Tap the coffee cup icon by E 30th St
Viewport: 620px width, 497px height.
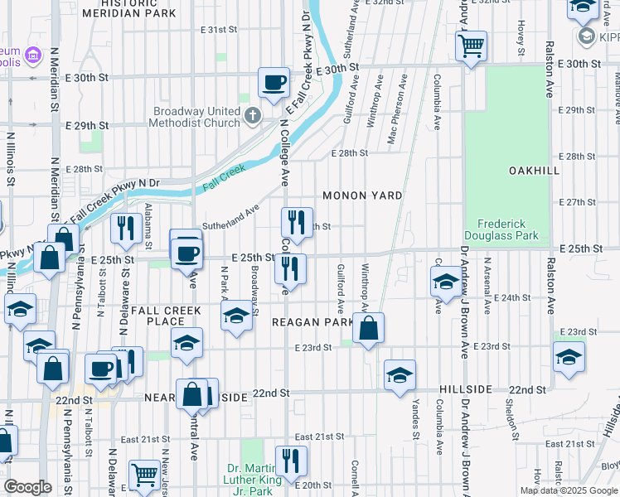click(x=274, y=83)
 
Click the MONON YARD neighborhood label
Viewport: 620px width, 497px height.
click(x=362, y=195)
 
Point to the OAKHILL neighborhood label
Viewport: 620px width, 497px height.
click(x=535, y=170)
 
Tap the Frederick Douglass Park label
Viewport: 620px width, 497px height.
click(x=508, y=229)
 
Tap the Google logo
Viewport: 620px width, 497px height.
click(x=27, y=487)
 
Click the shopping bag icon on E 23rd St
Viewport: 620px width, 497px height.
click(x=368, y=329)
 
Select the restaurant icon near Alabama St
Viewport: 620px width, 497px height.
click(x=125, y=228)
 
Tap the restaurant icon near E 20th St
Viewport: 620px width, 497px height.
click(x=290, y=461)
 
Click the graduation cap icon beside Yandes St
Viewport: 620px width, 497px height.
click(x=400, y=374)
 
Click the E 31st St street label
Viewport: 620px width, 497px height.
click(x=219, y=30)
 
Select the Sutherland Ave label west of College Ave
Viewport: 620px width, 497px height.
click(x=232, y=217)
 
